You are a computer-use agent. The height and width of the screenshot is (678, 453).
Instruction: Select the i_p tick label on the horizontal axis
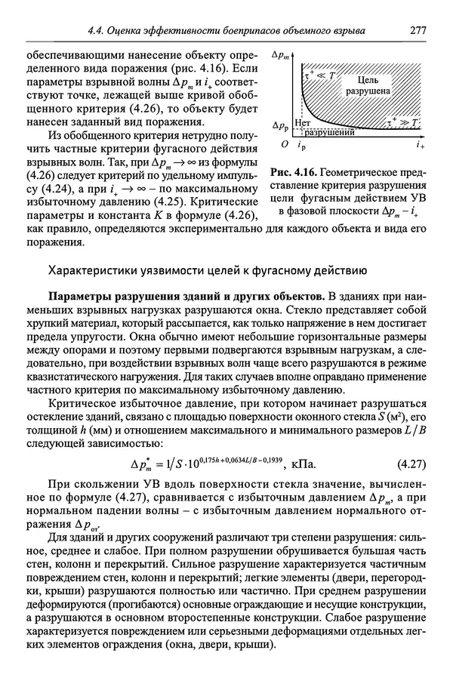point(302,143)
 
